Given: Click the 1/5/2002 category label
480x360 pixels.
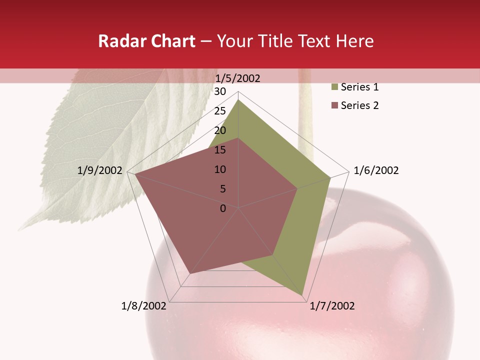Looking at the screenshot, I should [238, 78].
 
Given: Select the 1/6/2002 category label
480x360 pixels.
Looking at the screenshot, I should [376, 170].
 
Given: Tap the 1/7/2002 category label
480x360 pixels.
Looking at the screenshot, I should [332, 306].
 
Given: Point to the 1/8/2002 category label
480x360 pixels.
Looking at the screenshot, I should [143, 306].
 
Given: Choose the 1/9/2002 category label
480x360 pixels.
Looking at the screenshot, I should [100, 170].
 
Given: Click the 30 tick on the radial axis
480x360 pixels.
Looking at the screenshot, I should [220, 91].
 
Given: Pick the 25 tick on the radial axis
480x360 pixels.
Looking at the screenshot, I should [220, 111].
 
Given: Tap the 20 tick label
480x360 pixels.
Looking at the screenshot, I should [220, 130].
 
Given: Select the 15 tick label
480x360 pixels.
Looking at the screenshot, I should [220, 150].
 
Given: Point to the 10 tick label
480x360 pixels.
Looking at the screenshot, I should [220, 169].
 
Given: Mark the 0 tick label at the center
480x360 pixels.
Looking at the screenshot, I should [223, 208].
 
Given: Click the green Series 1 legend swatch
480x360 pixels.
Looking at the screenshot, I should [334, 87].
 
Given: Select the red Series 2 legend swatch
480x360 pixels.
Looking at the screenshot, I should [334, 105].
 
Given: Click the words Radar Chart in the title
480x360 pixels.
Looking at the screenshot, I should [146, 41].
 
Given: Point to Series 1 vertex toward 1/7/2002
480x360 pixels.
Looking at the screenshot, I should [302, 295].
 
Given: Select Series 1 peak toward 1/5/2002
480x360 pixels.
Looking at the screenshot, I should [238, 100].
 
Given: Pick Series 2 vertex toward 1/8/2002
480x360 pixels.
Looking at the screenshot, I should [190, 273].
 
